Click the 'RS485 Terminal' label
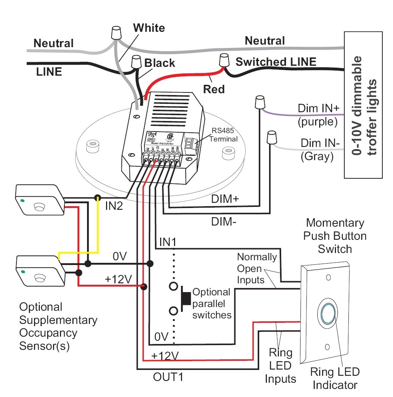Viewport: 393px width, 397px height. tap(224, 135)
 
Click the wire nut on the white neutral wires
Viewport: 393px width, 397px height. tap(116, 33)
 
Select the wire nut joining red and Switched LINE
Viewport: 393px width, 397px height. tap(223, 60)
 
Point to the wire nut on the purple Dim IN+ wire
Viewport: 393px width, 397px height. tap(260, 102)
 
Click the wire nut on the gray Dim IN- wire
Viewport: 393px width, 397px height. tap(271, 137)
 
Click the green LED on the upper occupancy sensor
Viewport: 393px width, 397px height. tap(22, 200)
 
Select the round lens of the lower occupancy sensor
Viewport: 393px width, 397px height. tap(39, 279)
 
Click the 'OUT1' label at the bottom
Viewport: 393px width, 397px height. tap(167, 377)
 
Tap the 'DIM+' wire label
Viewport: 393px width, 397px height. tap(225, 200)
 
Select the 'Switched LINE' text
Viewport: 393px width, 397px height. tap(276, 62)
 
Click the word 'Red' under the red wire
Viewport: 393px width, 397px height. tap(214, 89)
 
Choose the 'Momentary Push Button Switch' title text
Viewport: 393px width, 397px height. tap(335, 236)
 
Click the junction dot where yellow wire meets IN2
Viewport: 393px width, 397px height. tap(97, 198)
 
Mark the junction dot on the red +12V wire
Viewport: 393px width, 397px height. tap(144, 287)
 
